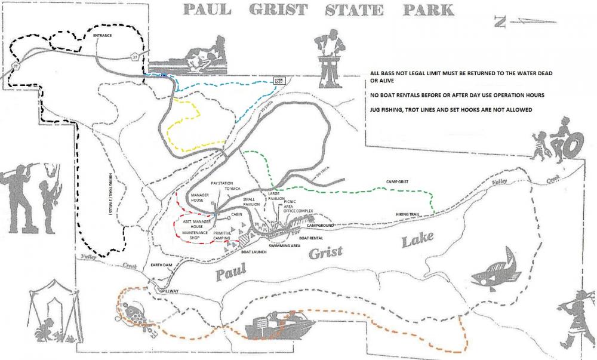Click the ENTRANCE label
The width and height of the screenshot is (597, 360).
(x=103, y=36)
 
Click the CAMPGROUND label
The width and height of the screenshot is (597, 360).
(x=321, y=226)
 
